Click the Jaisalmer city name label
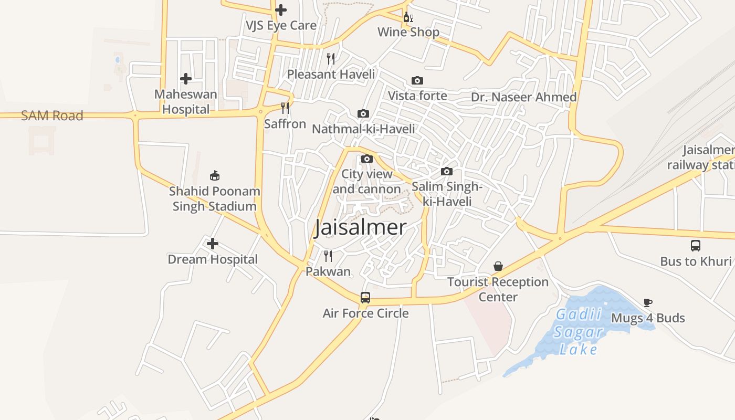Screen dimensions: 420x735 (360, 227)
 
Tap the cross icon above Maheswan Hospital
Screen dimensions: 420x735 (186, 79)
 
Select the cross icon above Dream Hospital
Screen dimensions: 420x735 (213, 244)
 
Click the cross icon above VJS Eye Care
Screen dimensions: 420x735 (281, 9)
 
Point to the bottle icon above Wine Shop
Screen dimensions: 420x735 (407, 17)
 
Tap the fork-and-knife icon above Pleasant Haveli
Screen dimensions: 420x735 (331, 58)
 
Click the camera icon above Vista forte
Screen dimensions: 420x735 (417, 80)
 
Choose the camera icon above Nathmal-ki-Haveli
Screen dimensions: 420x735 (363, 113)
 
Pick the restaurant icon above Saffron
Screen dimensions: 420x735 (285, 108)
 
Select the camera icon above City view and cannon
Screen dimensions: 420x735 (367, 159)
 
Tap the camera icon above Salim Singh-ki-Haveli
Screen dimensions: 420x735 (447, 171)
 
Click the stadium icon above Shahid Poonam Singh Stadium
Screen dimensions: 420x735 (214, 175)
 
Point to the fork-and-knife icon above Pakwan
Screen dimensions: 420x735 (328, 256)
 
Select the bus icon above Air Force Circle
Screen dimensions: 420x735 (365, 298)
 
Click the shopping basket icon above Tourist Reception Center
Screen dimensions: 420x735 (498, 266)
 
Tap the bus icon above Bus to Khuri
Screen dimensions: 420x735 (696, 245)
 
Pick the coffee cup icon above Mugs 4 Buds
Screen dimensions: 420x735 (648, 302)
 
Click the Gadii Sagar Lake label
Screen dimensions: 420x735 (578, 332)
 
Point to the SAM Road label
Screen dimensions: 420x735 (52, 115)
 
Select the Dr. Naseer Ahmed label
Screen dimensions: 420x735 (523, 97)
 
